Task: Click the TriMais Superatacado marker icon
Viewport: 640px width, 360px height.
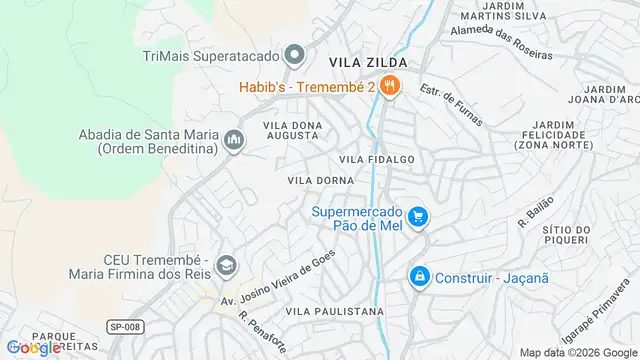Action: pyautogui.click(x=294, y=54)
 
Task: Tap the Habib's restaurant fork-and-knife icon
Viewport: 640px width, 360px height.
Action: pyautogui.click(x=391, y=86)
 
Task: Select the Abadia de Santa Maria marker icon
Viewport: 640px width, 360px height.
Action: pyautogui.click(x=234, y=139)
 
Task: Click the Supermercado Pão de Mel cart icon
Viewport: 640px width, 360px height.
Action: pyautogui.click(x=417, y=216)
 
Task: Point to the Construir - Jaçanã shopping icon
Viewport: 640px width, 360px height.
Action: pyautogui.click(x=418, y=275)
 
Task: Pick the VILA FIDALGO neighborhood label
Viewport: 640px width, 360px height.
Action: pyautogui.click(x=376, y=159)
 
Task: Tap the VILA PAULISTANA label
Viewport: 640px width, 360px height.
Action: pyautogui.click(x=335, y=312)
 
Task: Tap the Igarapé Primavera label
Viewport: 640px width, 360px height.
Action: pyautogui.click(x=589, y=319)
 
